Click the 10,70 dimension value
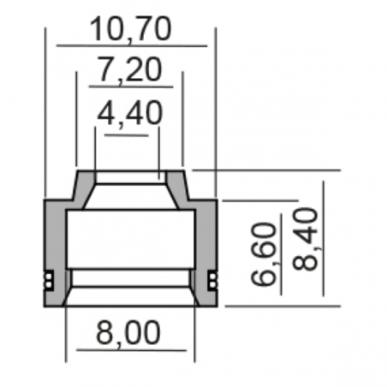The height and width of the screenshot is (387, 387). [131, 29]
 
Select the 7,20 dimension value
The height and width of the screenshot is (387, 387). [130, 69]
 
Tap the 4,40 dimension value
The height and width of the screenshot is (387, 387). [130, 113]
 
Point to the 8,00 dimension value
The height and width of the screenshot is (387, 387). [128, 332]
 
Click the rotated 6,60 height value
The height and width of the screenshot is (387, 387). [264, 254]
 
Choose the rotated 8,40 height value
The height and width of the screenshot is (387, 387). [306, 239]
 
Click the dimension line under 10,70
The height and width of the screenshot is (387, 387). [132, 45]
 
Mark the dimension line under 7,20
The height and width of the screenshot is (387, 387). [131, 86]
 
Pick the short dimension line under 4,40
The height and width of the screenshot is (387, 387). [127, 135]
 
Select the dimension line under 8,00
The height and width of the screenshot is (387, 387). [132, 350]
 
